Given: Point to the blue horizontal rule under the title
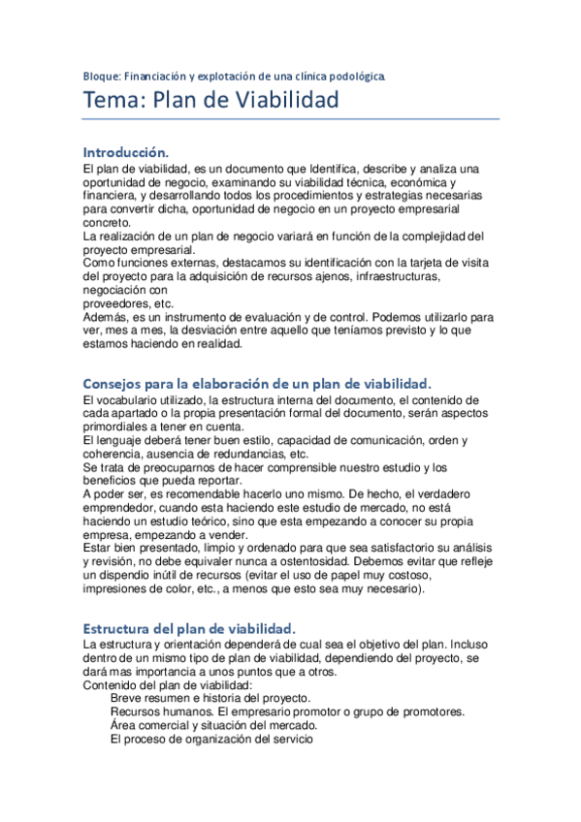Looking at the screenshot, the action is click(291, 119).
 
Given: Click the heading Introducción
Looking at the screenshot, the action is click(126, 152).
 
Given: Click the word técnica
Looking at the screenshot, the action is click(357, 181).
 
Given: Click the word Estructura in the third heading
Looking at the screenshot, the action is click(120, 627).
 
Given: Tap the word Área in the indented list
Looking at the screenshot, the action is click(125, 725).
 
